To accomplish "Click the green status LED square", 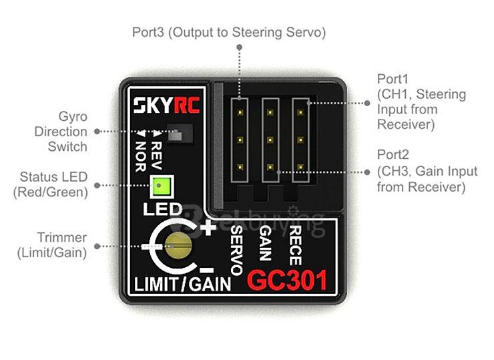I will (160, 187).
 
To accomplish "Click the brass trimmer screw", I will (178, 246).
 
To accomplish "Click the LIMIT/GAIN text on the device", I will (182, 285).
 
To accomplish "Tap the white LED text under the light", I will (162, 209).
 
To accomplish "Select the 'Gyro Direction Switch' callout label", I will (61, 132).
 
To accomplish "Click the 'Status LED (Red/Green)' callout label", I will (53, 184).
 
